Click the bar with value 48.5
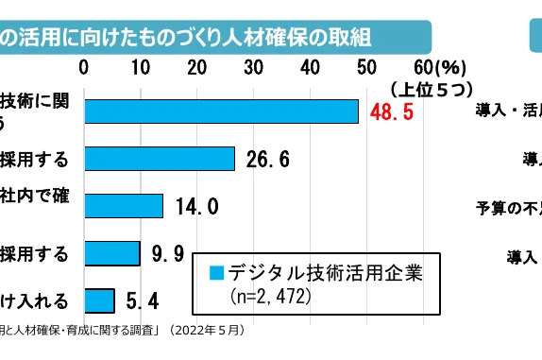pos(222,111)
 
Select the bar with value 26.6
pos(160,159)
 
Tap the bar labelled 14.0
pos(124,206)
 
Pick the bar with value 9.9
pos(112,253)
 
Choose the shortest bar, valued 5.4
pos(99,300)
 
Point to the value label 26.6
pos(267,159)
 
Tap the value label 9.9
pos(168,253)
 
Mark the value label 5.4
pos(142,300)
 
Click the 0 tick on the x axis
pos(85,67)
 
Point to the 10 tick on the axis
pos(142,67)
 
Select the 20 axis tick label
pos(197,67)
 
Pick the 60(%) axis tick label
pos(435,67)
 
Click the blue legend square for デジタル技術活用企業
pos(216,274)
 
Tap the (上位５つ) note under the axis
pos(430,88)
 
